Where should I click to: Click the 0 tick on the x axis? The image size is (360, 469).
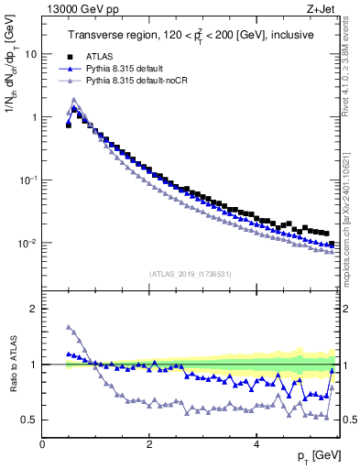(42, 442)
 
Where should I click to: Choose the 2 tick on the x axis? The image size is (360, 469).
(149, 442)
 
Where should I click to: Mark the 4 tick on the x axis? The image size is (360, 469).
(256, 442)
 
